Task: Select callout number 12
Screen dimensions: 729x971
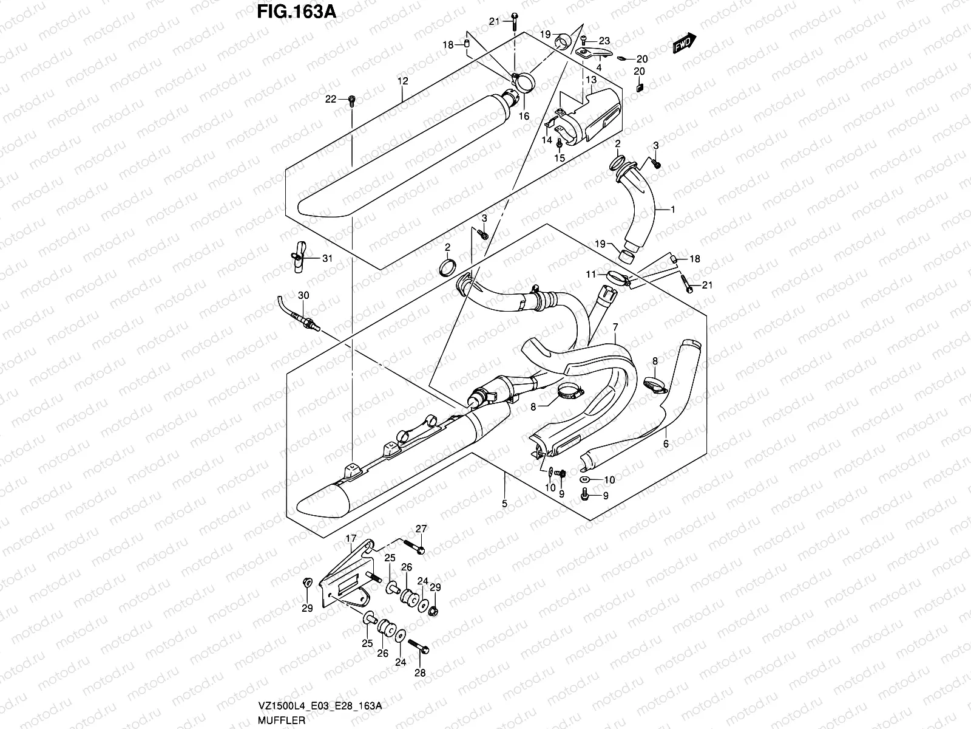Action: [x=402, y=81]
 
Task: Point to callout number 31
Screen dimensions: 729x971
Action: [x=327, y=258]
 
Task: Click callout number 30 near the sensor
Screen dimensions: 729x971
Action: [x=303, y=295]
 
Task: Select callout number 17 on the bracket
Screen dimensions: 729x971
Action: [x=351, y=538]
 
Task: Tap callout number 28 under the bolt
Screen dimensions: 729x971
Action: [x=420, y=673]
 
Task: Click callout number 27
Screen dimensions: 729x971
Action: [x=421, y=528]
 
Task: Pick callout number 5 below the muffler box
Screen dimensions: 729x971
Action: [x=504, y=504]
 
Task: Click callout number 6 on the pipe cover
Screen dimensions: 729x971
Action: [x=666, y=445]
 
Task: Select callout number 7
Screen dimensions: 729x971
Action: [x=615, y=327]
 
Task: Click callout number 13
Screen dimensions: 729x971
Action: [x=591, y=80]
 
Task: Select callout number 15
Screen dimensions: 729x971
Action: [x=560, y=157]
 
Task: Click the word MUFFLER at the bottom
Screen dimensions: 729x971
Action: [x=280, y=717]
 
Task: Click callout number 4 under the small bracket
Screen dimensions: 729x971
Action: [x=599, y=67]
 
